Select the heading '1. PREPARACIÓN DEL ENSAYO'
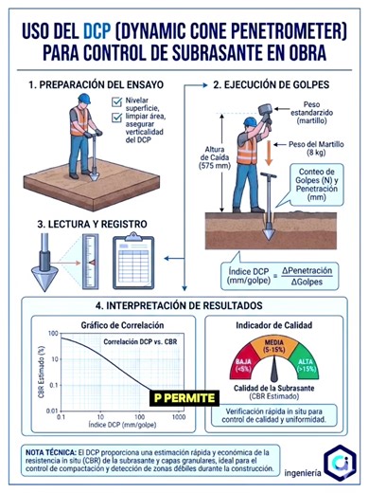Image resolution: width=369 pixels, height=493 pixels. pyautogui.click(x=93, y=84)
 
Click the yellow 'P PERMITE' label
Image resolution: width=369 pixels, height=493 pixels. pyautogui.click(x=184, y=398)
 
